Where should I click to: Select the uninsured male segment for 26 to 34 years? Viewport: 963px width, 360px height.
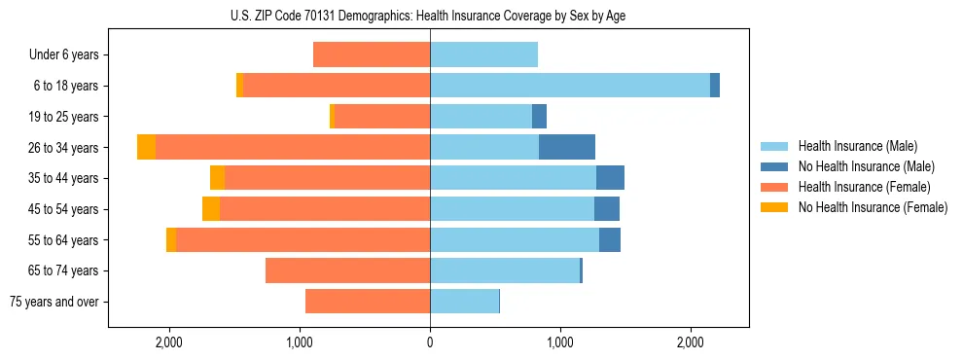566,147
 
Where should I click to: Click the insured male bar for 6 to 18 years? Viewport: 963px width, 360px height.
569,86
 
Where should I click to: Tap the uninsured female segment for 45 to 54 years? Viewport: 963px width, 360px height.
211,209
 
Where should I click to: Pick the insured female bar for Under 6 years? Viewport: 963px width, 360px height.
372,54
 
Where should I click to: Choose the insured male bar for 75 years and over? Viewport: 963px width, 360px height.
464,302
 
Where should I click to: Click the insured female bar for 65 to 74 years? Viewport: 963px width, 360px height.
347,270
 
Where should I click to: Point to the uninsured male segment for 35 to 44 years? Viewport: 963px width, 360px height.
610,178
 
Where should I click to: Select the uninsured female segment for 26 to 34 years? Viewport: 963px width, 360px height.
146,147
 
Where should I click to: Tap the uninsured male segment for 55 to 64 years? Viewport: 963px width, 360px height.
610,239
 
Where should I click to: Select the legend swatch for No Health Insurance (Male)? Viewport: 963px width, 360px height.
775,166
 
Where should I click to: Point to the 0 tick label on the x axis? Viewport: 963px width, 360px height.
430,342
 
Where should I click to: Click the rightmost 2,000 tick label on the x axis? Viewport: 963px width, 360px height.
690,342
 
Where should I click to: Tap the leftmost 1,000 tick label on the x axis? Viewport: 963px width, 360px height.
300,342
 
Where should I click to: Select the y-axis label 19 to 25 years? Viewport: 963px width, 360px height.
63,117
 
